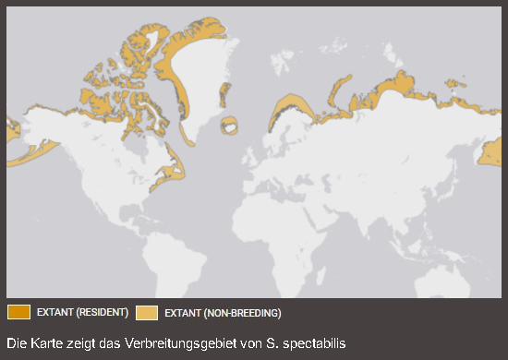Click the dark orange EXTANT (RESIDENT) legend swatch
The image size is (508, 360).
[x=18, y=312]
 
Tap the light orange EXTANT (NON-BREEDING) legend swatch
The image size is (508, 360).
[x=147, y=312]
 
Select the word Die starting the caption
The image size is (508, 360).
[x=16, y=343]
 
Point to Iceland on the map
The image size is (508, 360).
[x=229, y=124]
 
